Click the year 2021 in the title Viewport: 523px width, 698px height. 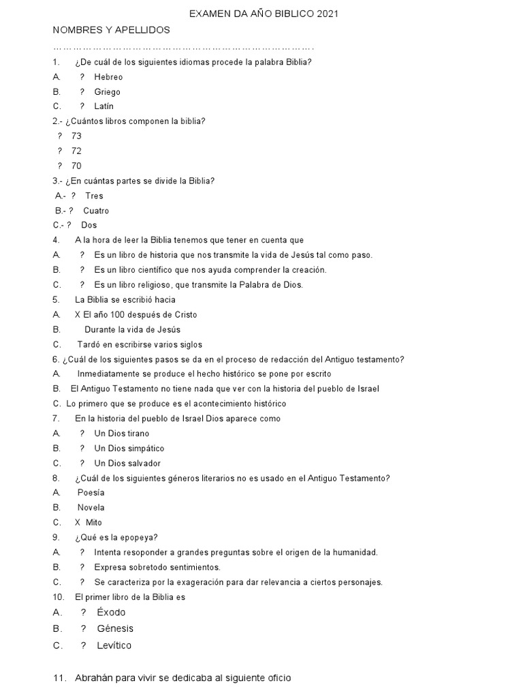[326, 14]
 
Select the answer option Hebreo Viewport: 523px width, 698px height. [108, 77]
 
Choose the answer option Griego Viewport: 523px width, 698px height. [107, 92]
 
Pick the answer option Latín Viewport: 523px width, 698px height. [104, 106]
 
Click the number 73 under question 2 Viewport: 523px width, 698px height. [76, 136]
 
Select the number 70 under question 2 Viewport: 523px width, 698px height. [76, 166]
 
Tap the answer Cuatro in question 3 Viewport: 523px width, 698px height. [96, 211]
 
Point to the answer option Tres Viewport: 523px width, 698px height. [95, 196]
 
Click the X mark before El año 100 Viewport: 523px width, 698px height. [78, 315]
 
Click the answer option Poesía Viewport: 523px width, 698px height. [91, 493]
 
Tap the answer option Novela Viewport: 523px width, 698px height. [91, 508]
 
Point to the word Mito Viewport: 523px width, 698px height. [94, 523]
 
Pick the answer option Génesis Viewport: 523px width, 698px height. [115, 628]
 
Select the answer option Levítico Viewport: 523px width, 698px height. [114, 646]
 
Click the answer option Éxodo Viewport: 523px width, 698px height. [111, 612]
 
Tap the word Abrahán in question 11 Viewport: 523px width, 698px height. [94, 678]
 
